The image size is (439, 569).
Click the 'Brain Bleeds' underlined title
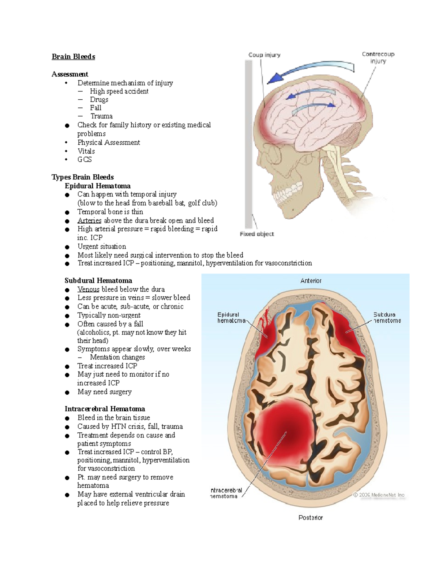coord(73,57)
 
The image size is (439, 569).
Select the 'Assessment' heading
coord(70,74)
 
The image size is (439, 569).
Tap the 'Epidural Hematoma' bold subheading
coord(97,186)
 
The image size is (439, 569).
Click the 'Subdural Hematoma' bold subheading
coord(98,281)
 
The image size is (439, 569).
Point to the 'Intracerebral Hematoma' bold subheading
coord(105,409)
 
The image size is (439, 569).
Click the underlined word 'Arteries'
coord(89,221)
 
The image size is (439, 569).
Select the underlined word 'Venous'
coord(88,289)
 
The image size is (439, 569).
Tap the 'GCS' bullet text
coord(85,160)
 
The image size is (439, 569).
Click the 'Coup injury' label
coord(264,55)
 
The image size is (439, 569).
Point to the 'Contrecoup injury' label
coord(378,58)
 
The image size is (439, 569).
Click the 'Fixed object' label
coord(257,234)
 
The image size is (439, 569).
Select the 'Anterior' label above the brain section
coord(311,281)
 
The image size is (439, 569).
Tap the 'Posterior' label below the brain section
coord(311,518)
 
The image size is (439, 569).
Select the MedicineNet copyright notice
coord(379,495)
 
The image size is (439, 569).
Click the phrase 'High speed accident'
coord(119,91)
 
